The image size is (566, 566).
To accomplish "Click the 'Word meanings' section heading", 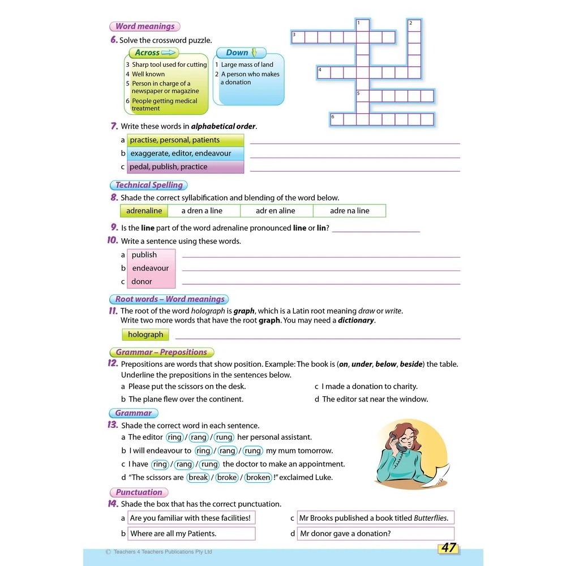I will pos(144,27).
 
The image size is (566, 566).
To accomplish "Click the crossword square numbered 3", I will pos(297,37).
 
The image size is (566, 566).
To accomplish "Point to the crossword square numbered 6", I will pos(337,119).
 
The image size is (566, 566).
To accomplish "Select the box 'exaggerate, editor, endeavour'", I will pos(185,153).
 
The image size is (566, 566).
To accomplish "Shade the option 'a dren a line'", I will pos(202,211).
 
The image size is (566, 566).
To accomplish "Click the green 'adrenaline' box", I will pos(144,211).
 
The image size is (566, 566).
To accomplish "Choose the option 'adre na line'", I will pos(349,211).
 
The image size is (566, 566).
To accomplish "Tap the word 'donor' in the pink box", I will pos(142,281).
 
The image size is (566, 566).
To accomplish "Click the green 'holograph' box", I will pos(145,335).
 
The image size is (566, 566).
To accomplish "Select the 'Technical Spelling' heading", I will pos(148,185).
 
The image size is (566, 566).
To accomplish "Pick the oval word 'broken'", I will pos(259,477).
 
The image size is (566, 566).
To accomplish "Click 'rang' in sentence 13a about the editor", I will pos(199,437).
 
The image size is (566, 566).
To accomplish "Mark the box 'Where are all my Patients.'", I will pos(191,533).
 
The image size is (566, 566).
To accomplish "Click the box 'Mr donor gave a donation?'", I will pos(375,533).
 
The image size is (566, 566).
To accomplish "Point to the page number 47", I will pos(448,547).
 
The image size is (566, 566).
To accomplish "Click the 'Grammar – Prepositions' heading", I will pos(161,352).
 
